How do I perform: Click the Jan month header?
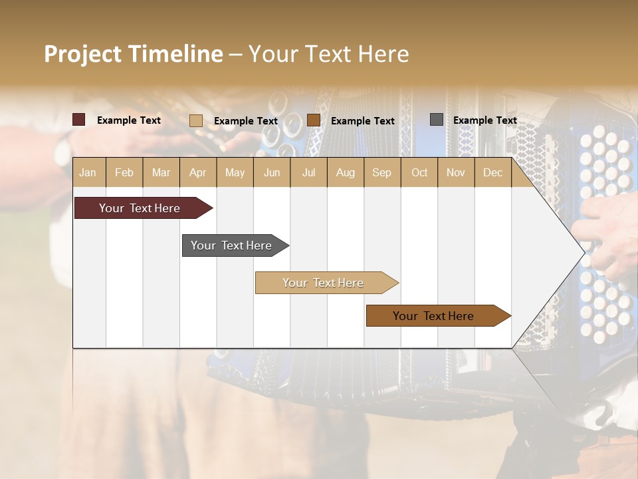[88, 172]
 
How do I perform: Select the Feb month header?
[124, 172]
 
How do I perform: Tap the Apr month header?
[197, 172]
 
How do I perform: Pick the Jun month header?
[272, 172]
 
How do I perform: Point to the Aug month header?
[345, 172]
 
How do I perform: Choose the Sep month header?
[381, 172]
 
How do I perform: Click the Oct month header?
[419, 172]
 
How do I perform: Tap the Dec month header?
[492, 172]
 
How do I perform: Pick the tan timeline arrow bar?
[324, 283]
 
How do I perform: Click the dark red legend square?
[79, 120]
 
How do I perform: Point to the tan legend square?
[196, 120]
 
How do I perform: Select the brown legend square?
[314, 120]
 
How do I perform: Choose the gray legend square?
[437, 120]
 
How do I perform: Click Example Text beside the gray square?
[484, 120]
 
